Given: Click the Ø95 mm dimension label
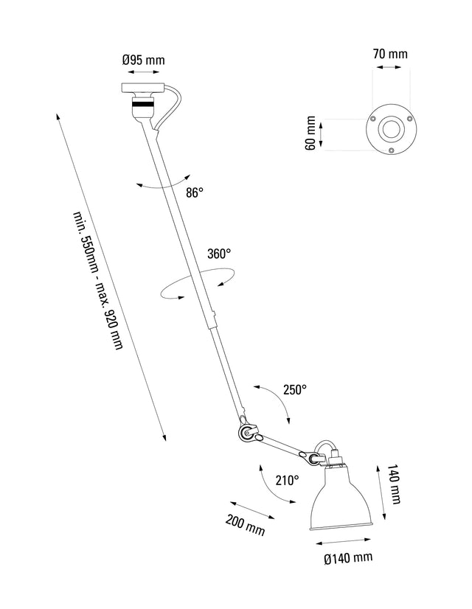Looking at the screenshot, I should click(143, 60).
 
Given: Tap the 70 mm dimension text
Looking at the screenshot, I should click(389, 53).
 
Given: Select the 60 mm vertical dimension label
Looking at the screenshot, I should click(310, 133).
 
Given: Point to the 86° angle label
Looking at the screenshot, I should click(195, 192).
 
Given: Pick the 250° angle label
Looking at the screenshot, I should click(294, 390).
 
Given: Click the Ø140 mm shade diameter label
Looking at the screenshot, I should click(347, 558).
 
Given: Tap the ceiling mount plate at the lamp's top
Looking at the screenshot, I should click(144, 88).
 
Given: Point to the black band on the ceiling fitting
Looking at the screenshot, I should click(144, 107).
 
